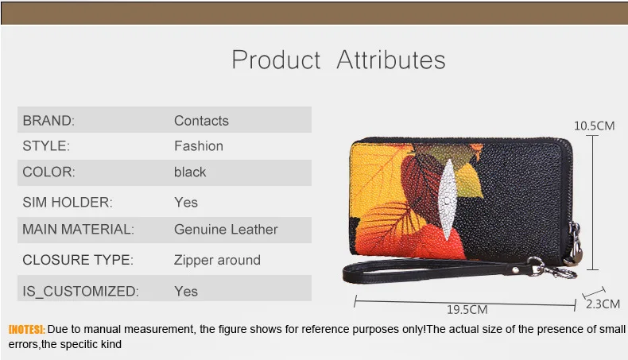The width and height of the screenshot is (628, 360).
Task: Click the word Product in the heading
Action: pyautogui.click(x=276, y=60)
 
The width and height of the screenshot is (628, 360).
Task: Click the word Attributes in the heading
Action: pyautogui.click(x=391, y=60)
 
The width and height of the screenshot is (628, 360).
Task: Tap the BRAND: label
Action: pyautogui.click(x=48, y=121)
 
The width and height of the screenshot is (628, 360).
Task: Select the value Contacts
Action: pyautogui.click(x=201, y=121)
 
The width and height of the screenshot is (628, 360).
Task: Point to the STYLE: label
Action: pyautogui.click(x=46, y=146)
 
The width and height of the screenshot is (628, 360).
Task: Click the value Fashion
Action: pyautogui.click(x=199, y=146)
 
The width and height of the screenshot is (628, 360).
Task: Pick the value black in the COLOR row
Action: pyautogui.click(x=190, y=172)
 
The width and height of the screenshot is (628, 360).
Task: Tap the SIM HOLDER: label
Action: pyautogui.click(x=68, y=203)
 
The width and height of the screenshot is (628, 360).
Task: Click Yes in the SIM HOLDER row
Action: pyautogui.click(x=186, y=203)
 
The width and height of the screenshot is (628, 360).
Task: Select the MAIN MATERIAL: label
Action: pyautogui.click(x=78, y=230)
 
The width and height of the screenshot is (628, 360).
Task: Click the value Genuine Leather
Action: pyautogui.click(x=226, y=230)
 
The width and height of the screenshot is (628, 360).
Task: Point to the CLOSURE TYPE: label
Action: pyautogui.click(x=77, y=260)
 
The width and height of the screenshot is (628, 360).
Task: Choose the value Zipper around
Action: pyautogui.click(x=217, y=260)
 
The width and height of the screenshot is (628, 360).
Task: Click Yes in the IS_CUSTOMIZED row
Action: pyautogui.click(x=186, y=292)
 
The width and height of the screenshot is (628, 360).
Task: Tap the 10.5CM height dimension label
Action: pyautogui.click(x=595, y=126)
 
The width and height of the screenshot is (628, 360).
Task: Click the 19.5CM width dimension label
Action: pyautogui.click(x=467, y=310)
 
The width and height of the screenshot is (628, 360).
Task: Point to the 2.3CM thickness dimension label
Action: pyautogui.click(x=602, y=304)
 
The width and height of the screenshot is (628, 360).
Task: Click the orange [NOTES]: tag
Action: pyautogui.click(x=26, y=329)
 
